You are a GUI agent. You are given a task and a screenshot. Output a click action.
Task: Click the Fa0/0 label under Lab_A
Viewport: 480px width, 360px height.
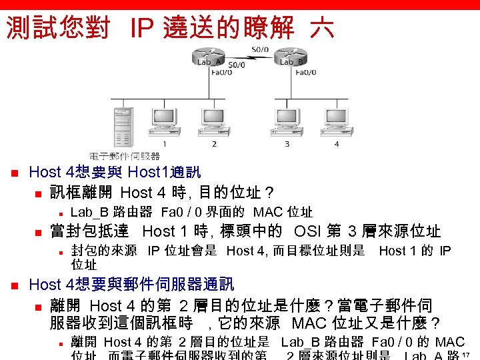tap(221, 73)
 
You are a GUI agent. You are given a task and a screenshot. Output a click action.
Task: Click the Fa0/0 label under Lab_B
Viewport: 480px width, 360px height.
tap(304, 73)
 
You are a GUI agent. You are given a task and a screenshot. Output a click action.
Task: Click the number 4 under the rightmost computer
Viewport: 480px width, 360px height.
tap(337, 144)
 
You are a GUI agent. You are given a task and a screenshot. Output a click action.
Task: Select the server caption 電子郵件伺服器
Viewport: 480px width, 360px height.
tap(125, 156)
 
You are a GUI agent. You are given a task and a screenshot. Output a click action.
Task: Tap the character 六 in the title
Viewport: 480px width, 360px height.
tap(322, 29)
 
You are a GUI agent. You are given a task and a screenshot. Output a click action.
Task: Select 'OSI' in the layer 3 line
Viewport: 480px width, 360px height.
tap(310, 232)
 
